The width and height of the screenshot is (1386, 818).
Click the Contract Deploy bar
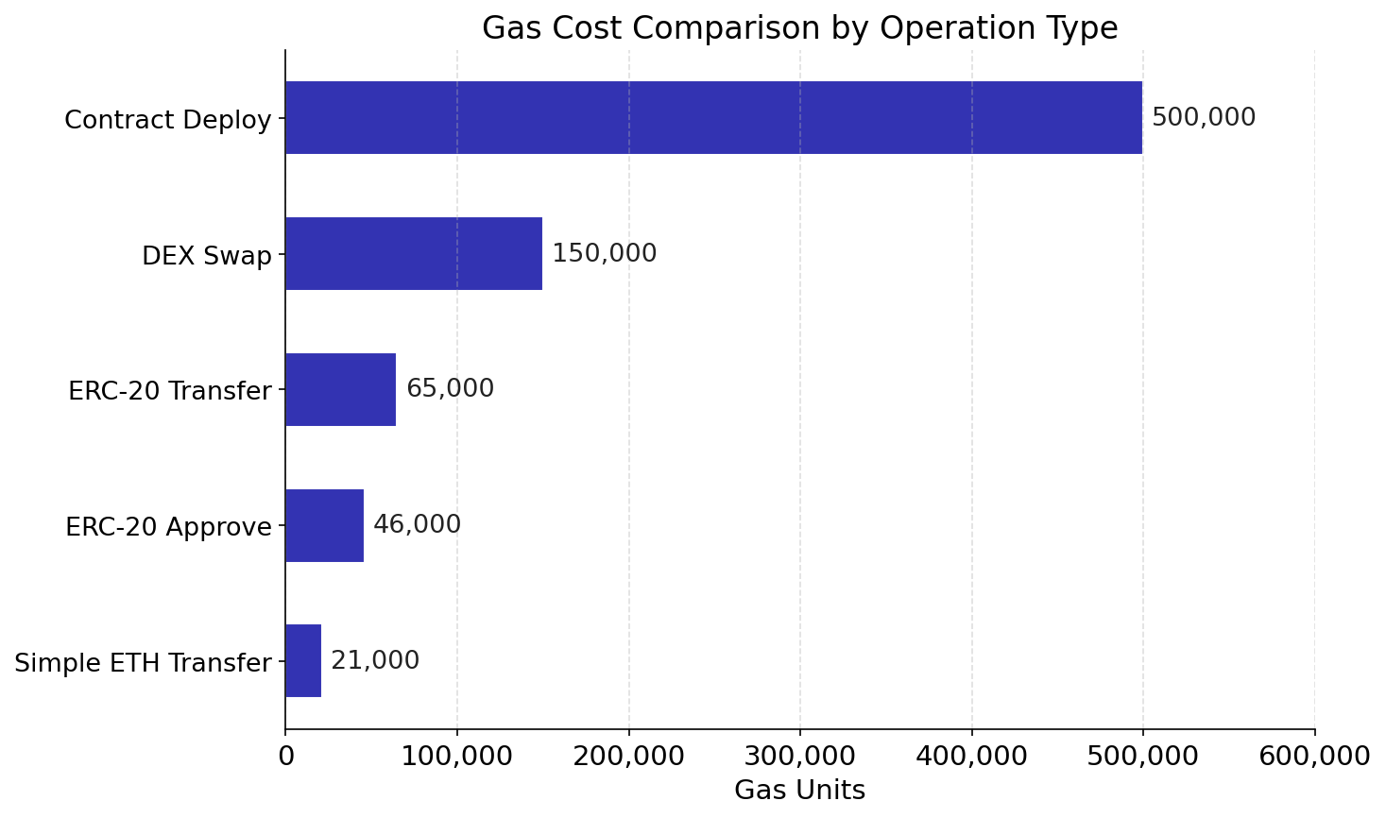point(713,118)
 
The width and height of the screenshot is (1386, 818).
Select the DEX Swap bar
point(414,254)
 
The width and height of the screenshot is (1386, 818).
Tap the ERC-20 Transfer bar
point(340,389)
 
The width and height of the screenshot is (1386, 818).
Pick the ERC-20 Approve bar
point(324,525)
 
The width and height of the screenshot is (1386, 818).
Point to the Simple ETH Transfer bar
point(303,661)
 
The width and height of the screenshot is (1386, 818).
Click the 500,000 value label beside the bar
point(1204,118)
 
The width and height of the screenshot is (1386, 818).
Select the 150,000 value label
point(604,254)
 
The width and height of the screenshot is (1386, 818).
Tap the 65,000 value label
point(450,389)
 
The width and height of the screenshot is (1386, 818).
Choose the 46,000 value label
point(417,525)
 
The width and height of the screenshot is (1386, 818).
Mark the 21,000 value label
point(375,661)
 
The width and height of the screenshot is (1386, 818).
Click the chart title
point(799,28)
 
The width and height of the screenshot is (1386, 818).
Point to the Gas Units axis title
point(799,791)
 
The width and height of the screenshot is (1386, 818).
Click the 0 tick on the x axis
point(285,757)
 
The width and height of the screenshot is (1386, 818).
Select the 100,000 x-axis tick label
point(456,757)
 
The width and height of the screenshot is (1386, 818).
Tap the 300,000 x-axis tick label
point(799,757)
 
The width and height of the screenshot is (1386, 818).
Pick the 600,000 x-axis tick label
point(1314,757)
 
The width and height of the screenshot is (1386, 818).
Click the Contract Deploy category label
point(168,121)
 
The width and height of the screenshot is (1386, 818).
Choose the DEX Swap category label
point(207,257)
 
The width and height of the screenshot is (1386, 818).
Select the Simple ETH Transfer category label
point(143,664)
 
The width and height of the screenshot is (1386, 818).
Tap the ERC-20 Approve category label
point(168,528)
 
